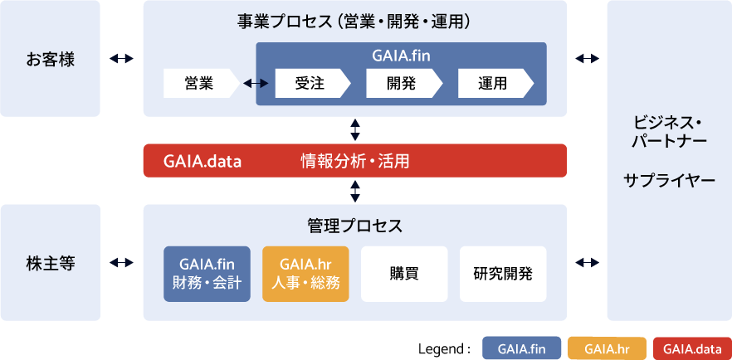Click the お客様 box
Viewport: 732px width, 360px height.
click(50, 59)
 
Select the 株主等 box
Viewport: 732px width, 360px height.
click(50, 263)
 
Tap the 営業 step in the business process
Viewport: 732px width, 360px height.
click(199, 83)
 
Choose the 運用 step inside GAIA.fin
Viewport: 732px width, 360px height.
click(493, 83)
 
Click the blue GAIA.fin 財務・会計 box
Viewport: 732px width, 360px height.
click(207, 274)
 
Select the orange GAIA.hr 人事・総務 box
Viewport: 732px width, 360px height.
click(305, 274)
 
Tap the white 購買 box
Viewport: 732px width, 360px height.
click(403, 274)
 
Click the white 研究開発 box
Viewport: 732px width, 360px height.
click(503, 274)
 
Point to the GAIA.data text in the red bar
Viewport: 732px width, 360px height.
click(203, 161)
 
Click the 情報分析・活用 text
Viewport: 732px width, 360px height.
click(355, 161)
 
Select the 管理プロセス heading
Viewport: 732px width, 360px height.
click(354, 226)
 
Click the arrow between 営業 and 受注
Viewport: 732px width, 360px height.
click(255, 83)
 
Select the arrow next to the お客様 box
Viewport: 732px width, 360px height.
click(121, 59)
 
